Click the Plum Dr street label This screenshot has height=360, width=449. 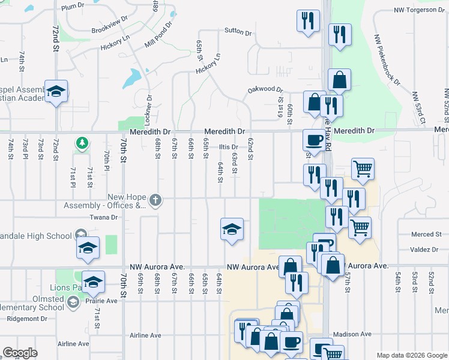[73, 6]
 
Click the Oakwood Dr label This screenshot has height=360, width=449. [265, 90]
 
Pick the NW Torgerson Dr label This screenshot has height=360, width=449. [415, 10]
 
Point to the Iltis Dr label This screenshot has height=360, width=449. [228, 147]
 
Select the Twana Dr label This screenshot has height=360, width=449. [98, 218]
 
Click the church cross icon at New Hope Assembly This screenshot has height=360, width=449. [155, 200]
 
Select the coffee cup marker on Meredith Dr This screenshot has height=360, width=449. [313, 140]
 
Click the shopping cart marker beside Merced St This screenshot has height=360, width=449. [360, 227]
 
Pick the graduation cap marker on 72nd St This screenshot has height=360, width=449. [56, 91]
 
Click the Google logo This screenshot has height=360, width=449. [20, 352]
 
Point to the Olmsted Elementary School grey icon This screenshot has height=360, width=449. [73, 302]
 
